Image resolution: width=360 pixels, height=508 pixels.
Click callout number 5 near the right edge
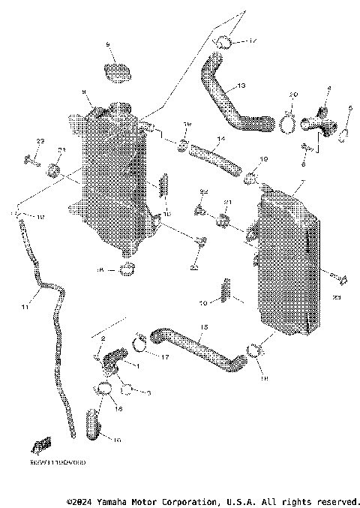[350, 108]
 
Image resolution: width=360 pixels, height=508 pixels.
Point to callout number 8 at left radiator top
[85, 92]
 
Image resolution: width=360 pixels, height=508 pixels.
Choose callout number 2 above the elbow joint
[103, 339]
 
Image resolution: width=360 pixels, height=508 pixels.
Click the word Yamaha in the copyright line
[105, 500]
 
